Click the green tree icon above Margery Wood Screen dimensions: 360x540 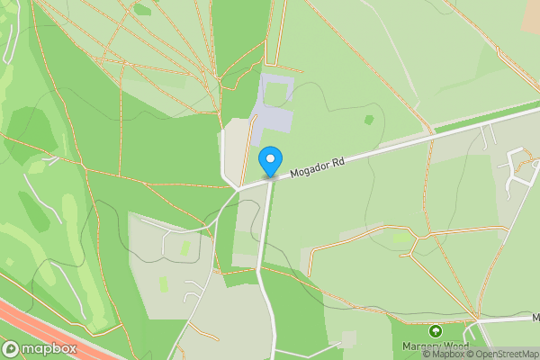click(x=436, y=331)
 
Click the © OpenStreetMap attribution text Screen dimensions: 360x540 click(x=507, y=354)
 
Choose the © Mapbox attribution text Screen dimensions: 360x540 click(x=448, y=354)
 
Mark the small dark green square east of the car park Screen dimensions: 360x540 click(x=369, y=119)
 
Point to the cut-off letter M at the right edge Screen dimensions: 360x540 click(x=535, y=318)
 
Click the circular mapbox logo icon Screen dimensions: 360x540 click(x=11, y=348)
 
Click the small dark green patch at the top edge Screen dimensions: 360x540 click(x=142, y=10)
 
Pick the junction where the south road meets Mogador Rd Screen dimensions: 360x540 click(x=268, y=179)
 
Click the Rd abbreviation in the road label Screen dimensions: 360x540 click(x=337, y=160)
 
